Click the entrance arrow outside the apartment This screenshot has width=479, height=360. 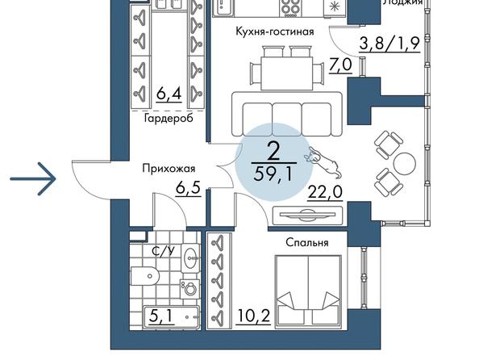(33, 178)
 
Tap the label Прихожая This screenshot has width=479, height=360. (169, 169)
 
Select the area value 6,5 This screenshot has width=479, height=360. (188, 187)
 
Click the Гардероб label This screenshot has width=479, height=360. (169, 118)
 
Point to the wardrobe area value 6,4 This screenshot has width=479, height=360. (169, 94)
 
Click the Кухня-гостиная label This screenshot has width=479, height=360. (275, 31)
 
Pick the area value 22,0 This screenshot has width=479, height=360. (325, 192)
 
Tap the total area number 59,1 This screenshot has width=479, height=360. (273, 174)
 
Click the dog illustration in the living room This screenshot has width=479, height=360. (323, 162)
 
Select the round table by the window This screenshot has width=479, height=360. (405, 164)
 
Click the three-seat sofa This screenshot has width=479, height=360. (287, 114)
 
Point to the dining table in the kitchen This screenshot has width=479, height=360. (287, 73)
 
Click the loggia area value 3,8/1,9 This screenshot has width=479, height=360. (389, 44)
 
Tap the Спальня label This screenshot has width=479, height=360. (307, 242)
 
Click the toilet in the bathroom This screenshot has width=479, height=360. (145, 276)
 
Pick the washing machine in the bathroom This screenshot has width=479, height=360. (190, 289)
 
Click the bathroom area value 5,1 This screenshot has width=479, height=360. (162, 316)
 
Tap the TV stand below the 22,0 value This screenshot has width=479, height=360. (307, 216)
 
